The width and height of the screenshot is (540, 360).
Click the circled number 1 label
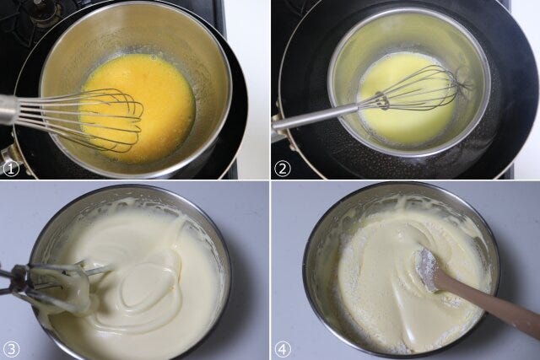click(11, 169)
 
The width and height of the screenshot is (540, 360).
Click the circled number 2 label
click(283, 169)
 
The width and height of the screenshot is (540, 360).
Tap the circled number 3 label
click(11, 350)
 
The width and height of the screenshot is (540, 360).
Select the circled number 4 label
click(283, 350)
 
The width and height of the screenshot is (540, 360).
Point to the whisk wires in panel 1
click(93, 119)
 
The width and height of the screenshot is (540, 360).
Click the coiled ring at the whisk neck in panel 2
click(382, 100)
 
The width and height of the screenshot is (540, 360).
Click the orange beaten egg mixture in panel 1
click(138, 103)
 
